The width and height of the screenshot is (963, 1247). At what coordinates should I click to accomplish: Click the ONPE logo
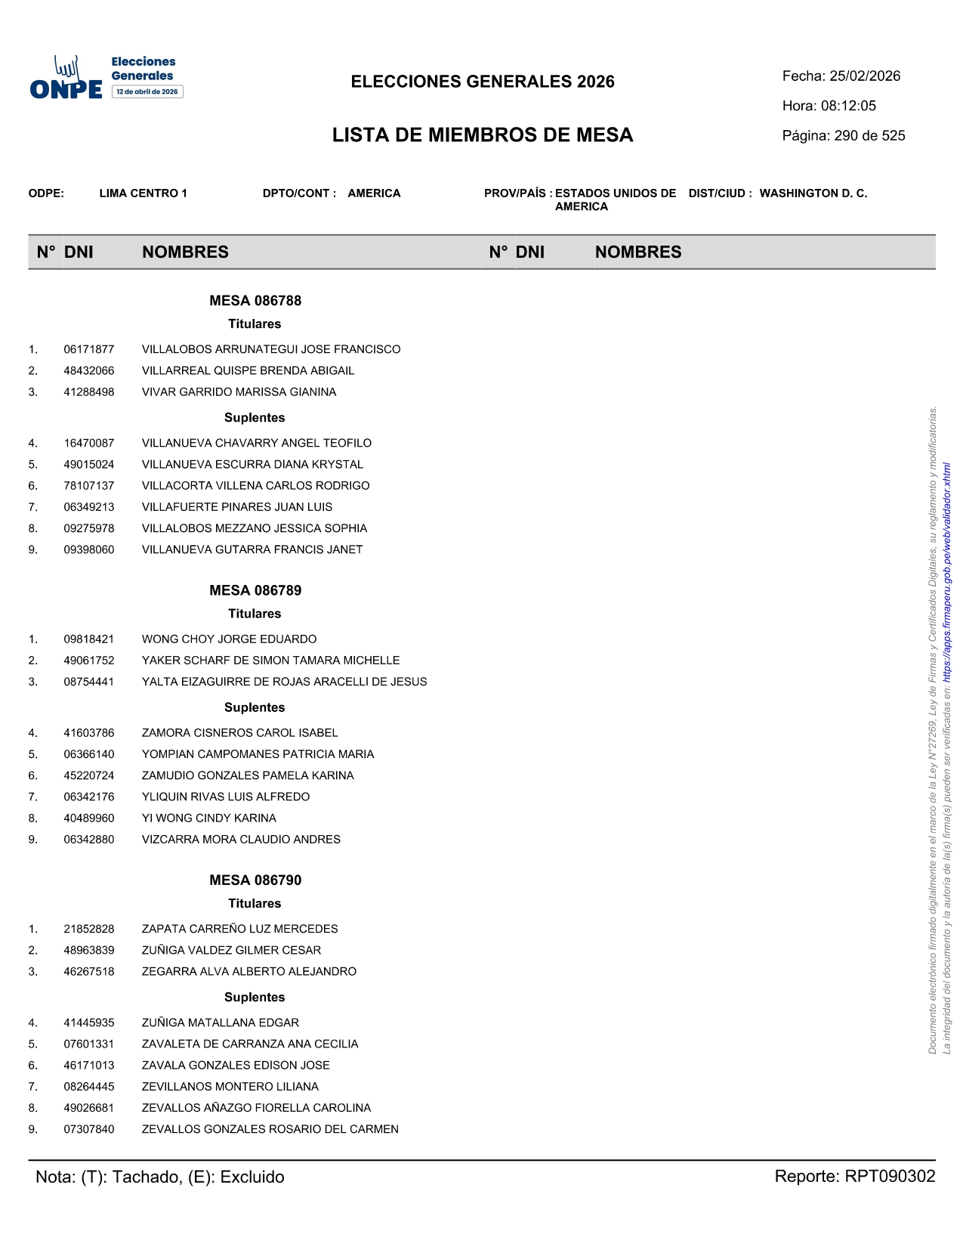[x=106, y=78]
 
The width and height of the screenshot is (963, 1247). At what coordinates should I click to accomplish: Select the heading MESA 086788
[x=255, y=301]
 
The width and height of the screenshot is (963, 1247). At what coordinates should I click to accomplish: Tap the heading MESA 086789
[x=255, y=590]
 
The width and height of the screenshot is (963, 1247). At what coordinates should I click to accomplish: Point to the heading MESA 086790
[x=255, y=880]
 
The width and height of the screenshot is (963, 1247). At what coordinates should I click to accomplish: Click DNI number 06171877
[x=89, y=349]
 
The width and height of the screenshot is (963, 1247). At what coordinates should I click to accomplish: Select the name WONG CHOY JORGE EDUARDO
[x=229, y=639]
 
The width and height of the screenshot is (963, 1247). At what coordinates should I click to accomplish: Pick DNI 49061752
[x=89, y=661]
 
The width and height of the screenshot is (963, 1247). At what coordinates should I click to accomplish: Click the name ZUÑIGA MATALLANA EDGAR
[x=220, y=1023]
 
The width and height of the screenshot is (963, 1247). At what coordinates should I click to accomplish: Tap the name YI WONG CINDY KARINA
[x=208, y=818]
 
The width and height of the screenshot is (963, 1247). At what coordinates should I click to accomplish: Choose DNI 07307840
[x=89, y=1129]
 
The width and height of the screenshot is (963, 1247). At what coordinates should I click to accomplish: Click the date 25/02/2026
[x=865, y=76]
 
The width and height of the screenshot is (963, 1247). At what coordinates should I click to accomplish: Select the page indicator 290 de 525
[x=869, y=136]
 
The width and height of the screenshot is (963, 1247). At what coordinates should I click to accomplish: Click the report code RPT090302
[x=890, y=1177]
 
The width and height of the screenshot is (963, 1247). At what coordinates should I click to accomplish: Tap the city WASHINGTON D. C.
[x=813, y=193]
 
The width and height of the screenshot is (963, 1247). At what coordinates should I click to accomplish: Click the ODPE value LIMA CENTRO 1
[x=143, y=193]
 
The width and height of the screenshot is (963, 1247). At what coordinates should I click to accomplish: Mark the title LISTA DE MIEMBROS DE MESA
[x=483, y=135]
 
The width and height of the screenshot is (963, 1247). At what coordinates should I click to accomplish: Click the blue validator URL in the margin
[x=947, y=567]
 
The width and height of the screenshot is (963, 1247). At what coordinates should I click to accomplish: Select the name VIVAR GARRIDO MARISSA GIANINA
[x=239, y=392]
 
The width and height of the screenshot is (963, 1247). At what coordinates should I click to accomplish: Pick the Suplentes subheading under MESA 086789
[x=255, y=707]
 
